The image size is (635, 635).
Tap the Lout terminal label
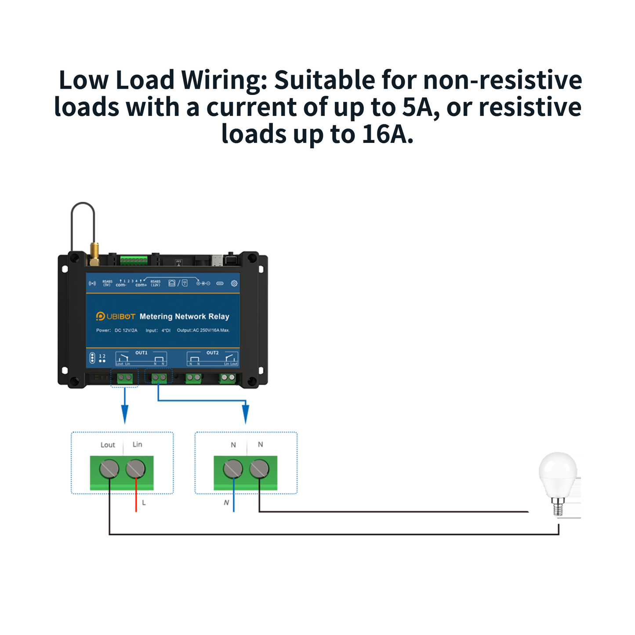(108, 445)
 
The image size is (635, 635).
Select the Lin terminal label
(137, 444)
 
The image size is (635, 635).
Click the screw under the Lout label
(109, 469)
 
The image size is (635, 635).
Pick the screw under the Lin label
(135, 469)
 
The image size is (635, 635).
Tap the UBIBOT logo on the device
(116, 316)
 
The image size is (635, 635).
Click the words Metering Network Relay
(184, 316)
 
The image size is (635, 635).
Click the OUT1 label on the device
(141, 353)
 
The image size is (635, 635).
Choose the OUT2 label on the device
(212, 353)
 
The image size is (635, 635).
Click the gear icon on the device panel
(234, 283)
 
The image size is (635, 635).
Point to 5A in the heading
(417, 107)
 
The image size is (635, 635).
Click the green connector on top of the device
(134, 261)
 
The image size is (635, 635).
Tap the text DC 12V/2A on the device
(126, 330)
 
